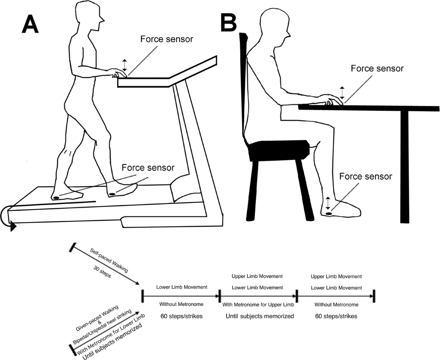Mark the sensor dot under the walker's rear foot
(x=56, y=198)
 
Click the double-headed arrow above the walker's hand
(x=124, y=65)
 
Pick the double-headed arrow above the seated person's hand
(x=342, y=92)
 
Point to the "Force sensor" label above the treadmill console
(x=167, y=39)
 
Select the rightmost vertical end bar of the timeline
(x=373, y=295)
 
